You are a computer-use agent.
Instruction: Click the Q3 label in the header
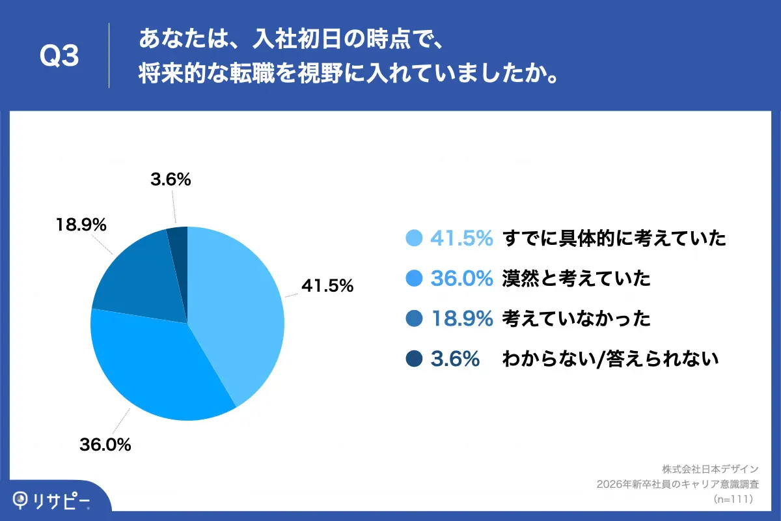click(59, 57)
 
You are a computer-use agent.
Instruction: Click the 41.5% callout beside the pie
click(326, 285)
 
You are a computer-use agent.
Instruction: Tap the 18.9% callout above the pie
click(81, 225)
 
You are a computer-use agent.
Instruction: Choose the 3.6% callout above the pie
click(171, 180)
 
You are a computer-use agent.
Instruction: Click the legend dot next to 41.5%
click(414, 239)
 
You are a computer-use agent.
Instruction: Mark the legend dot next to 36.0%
click(414, 279)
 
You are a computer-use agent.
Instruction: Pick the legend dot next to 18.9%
click(414, 319)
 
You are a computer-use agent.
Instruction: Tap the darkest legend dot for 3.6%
click(414, 359)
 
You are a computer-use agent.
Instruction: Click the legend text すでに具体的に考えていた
click(613, 239)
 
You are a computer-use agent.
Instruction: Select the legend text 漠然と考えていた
click(576, 279)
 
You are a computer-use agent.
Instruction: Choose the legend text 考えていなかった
click(576, 319)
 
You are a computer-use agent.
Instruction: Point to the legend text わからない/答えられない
click(610, 359)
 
